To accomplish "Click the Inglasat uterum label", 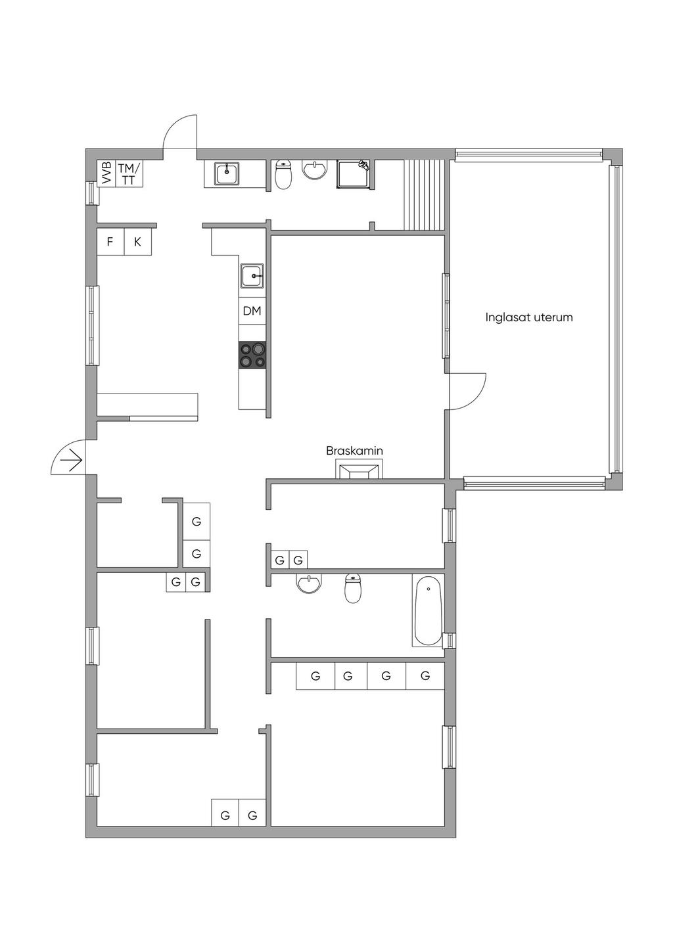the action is tap(529, 317).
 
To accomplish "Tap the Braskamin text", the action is tap(354, 451).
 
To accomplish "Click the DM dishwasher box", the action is tap(252, 311).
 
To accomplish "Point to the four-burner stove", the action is tap(252, 354).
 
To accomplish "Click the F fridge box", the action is tap(110, 242).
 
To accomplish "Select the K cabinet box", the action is tap(138, 242).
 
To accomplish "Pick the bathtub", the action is tap(428, 612).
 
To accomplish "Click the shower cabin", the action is tap(355, 174).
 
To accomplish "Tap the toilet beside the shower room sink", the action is tap(283, 174).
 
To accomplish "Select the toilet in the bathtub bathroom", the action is tap(352, 588).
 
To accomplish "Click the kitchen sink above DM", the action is tap(252, 276).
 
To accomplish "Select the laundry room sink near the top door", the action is tap(227, 173).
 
